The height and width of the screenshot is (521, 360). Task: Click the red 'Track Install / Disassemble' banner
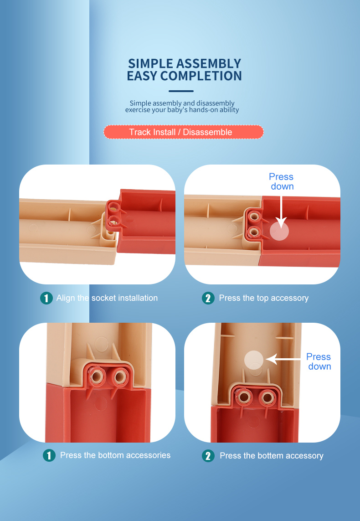pos(183,132)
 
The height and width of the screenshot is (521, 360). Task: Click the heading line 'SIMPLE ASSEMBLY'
pos(184,63)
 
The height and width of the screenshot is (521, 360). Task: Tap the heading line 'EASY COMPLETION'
pos(184,76)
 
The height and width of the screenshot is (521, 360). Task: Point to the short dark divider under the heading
pos(181,91)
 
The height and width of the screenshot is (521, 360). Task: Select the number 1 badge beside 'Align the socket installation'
pos(46,298)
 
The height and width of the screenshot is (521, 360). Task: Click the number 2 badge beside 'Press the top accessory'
pos(208,298)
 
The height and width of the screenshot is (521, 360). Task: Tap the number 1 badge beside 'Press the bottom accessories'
pos(49,455)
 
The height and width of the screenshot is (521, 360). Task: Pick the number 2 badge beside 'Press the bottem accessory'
pos(208,455)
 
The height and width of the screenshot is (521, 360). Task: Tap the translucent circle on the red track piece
pos(279,231)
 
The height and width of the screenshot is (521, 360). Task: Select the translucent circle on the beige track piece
pos(254,360)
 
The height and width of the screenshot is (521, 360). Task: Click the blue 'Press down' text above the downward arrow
pos(281,181)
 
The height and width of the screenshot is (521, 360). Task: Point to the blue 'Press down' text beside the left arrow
pos(319,361)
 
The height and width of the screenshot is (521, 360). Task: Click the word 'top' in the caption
pos(262,299)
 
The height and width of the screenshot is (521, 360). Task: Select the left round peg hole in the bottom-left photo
pos(98,377)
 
